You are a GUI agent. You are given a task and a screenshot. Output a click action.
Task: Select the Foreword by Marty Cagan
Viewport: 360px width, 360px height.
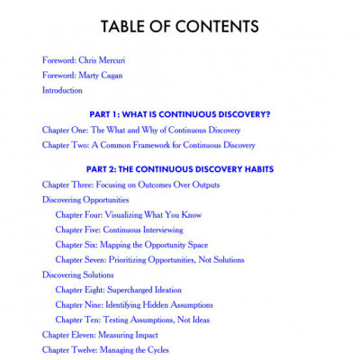(x=84, y=76)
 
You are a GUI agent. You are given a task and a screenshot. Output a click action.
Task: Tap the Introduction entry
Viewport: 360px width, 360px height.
(x=63, y=91)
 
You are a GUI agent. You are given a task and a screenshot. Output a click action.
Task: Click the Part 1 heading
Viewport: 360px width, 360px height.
(x=180, y=114)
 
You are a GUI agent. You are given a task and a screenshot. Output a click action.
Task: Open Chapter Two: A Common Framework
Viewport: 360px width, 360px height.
(x=148, y=145)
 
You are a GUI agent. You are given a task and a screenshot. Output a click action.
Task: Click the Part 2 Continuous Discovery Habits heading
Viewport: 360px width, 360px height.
(x=180, y=169)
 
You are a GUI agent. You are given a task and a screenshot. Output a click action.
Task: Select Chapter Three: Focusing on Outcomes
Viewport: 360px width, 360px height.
(x=130, y=184)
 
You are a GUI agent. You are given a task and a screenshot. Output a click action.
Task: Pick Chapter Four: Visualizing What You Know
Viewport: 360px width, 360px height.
(x=128, y=215)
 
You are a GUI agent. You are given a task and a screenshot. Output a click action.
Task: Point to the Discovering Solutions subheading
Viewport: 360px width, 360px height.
(x=78, y=274)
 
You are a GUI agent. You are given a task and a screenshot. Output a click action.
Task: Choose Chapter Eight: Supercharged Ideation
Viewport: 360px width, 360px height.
(x=118, y=290)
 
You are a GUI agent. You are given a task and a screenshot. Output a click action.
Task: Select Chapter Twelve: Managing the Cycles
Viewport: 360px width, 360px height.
(x=105, y=350)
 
